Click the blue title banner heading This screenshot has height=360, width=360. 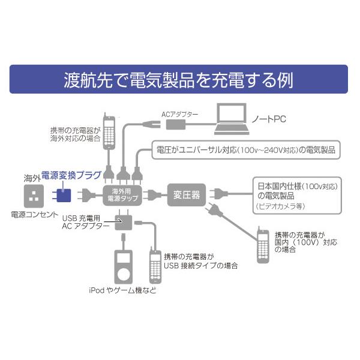click(x=178, y=80)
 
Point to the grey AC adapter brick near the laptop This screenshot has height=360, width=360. click(x=177, y=124)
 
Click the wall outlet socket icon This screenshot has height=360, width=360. click(x=34, y=194)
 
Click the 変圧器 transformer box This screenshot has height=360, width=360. click(x=187, y=194)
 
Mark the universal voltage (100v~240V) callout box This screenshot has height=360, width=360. click(x=245, y=150)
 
